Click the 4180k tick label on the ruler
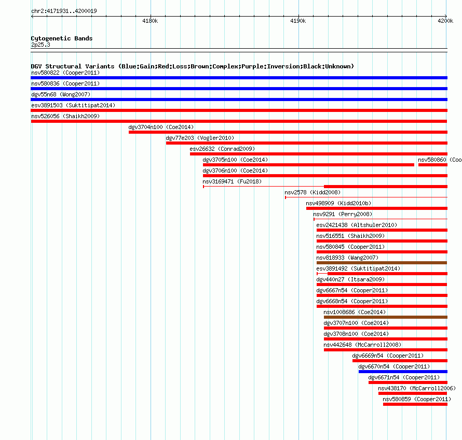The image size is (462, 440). coord(150,21)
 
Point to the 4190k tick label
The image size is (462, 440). coord(298,21)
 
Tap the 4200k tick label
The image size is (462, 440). coord(445,21)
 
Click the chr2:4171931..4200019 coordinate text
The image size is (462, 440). coord(64,11)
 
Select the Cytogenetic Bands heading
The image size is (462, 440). coord(62,38)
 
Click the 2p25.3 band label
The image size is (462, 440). coord(40,45)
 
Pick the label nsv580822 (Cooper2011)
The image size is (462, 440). coord(65,73)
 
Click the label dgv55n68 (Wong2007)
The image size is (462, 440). coord(61,94)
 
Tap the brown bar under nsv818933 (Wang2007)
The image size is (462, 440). coord(382,263)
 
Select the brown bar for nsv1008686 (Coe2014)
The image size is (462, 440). coord(385,317)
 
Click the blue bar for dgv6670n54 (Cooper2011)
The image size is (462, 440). coord(403,372)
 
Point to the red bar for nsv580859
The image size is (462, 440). coord(415,404)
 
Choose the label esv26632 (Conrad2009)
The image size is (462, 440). coord(222,149)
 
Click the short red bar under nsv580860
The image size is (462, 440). coord(433,165)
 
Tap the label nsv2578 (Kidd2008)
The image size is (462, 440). coord(312,192)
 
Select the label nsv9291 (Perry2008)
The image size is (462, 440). coord(343,214)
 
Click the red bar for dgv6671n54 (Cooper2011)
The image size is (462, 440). coord(408,382)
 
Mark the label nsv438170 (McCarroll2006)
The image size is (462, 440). coord(417,388)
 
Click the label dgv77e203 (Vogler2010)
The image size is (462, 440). coord(200,138)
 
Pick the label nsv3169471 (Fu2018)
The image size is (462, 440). coord(232,181)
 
